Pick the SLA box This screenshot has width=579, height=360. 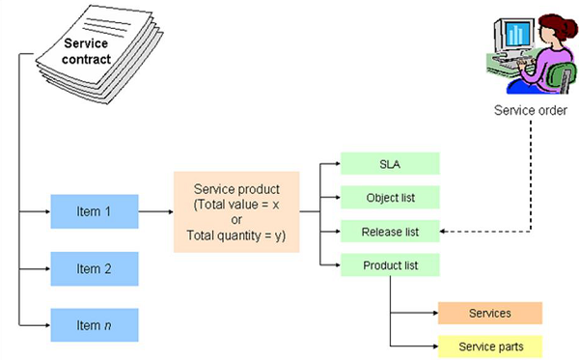point(389,163)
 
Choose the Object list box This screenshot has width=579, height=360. point(389,197)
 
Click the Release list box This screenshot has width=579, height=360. point(389,231)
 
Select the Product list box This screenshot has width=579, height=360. point(389,264)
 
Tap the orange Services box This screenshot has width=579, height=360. point(489,314)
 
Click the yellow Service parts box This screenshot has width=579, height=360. point(489,346)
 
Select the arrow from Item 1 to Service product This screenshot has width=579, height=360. point(155,208)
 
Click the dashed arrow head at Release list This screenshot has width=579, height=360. point(446,232)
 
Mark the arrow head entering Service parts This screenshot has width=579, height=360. point(432,346)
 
